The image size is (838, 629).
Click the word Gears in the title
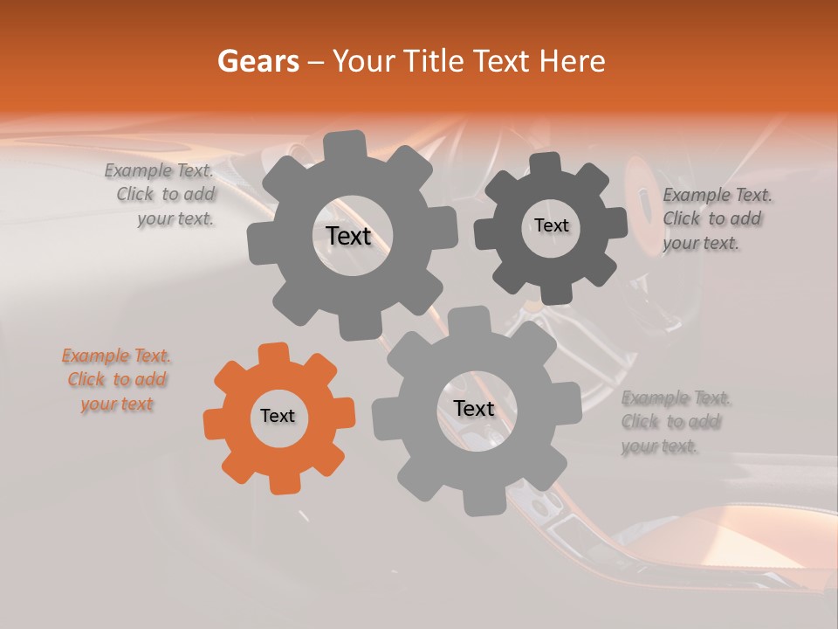(258, 61)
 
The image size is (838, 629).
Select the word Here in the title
(573, 61)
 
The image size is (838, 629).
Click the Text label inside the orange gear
(278, 417)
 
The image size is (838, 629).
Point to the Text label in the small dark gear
(552, 225)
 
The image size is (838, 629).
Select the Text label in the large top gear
(349, 236)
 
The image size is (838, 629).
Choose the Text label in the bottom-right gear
(474, 409)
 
